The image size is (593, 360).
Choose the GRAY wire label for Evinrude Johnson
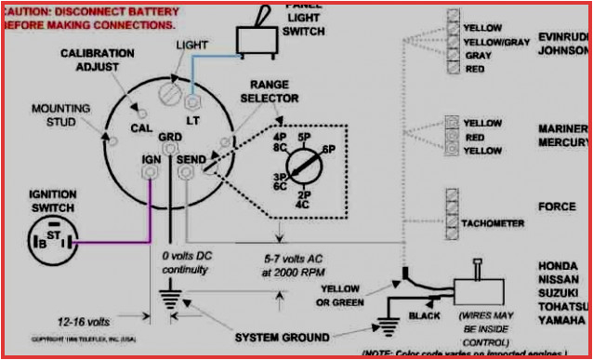coord(478,56)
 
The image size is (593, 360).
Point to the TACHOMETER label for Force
coord(493,224)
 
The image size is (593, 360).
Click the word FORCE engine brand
coord(557,206)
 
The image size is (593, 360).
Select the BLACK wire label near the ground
coord(424,316)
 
